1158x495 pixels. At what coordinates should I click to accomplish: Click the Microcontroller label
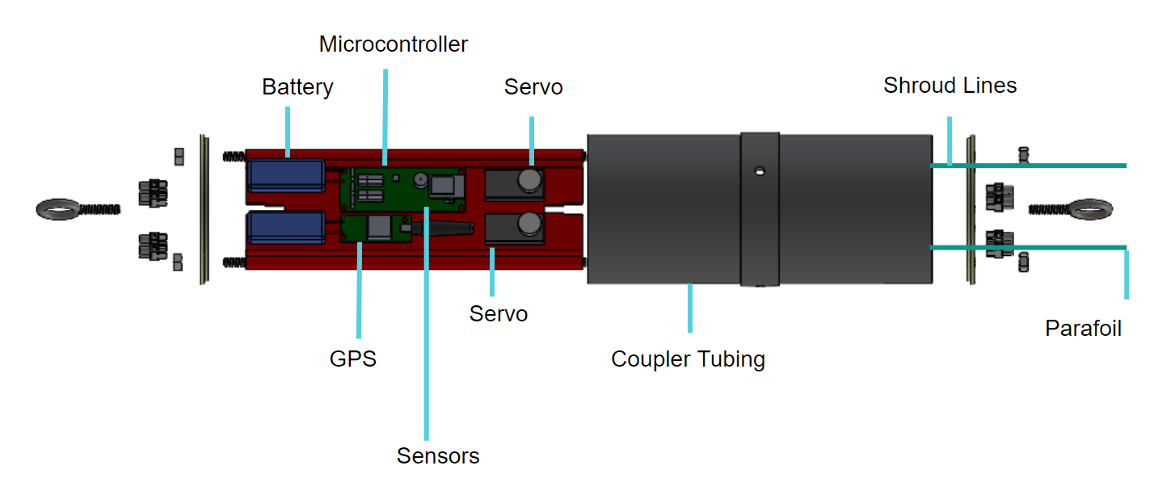click(393, 44)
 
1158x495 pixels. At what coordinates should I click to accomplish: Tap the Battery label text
click(297, 87)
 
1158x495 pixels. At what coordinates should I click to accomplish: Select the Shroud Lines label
click(950, 86)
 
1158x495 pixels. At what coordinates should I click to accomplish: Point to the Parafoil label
click(1083, 329)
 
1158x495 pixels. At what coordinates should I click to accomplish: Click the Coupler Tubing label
click(688, 359)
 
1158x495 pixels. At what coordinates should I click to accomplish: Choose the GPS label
click(353, 359)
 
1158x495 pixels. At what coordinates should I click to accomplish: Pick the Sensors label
click(438, 456)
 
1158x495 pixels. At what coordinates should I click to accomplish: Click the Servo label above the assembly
click(533, 87)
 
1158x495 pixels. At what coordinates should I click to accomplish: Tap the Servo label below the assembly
click(499, 314)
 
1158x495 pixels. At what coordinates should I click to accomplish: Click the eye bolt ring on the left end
click(58, 210)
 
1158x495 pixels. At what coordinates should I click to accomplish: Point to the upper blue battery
click(285, 174)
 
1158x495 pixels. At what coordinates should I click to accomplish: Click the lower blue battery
click(285, 227)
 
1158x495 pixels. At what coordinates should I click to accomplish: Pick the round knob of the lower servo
click(530, 223)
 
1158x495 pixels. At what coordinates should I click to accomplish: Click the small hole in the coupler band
click(759, 170)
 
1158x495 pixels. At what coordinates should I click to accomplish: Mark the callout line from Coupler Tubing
click(689, 308)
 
